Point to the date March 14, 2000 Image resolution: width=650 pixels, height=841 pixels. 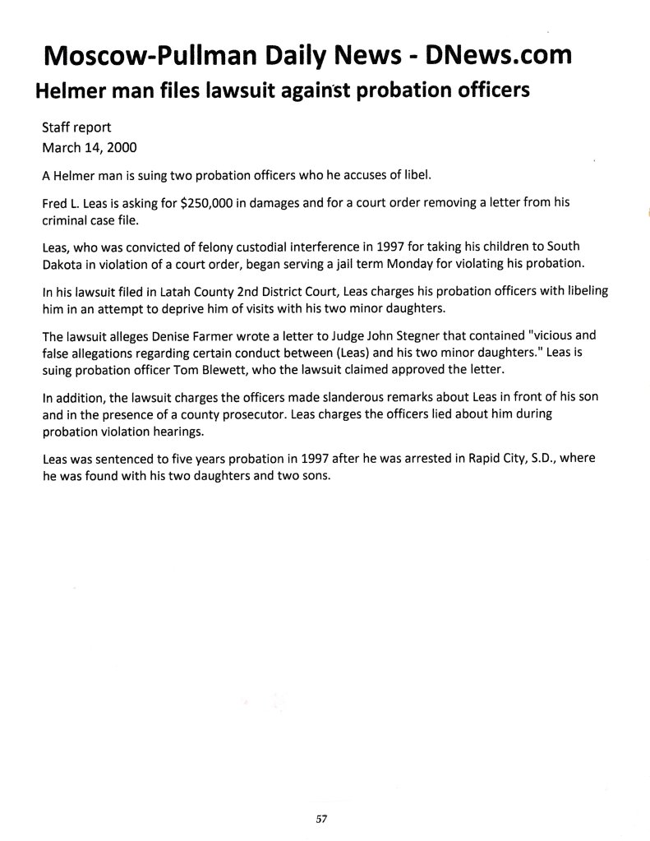pos(90,149)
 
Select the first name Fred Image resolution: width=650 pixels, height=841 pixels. pos(54,203)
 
